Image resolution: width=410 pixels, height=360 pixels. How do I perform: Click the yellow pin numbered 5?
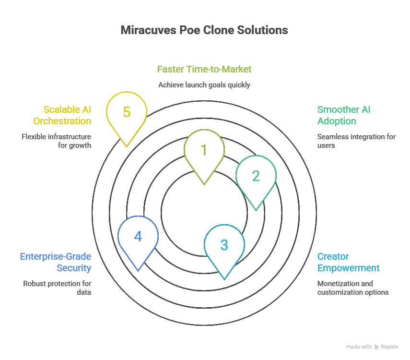(127, 112)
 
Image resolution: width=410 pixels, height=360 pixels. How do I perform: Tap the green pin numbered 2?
(256, 176)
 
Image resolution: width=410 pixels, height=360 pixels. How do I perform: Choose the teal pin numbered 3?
(224, 245)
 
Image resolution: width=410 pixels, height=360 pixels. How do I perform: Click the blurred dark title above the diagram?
(205, 30)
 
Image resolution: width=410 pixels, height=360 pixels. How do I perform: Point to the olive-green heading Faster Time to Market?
(205, 69)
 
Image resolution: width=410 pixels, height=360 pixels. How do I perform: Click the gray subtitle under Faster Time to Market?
(205, 84)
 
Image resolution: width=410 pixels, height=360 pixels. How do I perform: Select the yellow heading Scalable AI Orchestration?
(67, 115)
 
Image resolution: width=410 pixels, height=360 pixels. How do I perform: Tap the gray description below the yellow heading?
(56, 141)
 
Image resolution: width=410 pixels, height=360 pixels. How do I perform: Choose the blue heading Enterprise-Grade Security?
(56, 262)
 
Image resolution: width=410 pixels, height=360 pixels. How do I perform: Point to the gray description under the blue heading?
(58, 288)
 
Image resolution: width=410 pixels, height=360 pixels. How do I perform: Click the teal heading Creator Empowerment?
(347, 262)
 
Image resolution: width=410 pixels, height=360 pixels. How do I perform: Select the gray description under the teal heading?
(352, 288)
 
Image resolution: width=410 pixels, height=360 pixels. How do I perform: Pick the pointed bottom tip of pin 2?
(256, 210)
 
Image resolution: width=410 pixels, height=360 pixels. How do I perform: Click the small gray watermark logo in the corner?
(372, 345)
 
